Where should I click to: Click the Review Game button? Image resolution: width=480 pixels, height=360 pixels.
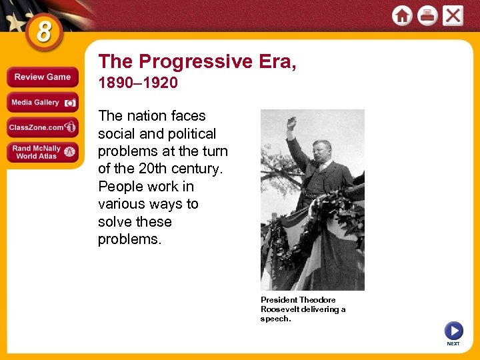(43, 77)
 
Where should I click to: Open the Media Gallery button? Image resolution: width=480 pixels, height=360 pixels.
(43, 102)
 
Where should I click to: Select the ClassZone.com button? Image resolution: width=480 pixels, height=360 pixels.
(43, 127)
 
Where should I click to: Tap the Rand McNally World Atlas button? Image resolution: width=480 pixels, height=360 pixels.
(43, 152)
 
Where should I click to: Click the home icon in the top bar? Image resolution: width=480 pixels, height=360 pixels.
(402, 15)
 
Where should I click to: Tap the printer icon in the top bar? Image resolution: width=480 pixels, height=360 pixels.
(427, 15)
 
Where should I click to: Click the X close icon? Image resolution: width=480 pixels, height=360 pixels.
(453, 15)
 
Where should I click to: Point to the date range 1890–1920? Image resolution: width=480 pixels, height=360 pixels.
(138, 83)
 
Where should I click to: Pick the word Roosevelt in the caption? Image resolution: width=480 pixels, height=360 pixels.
(282, 309)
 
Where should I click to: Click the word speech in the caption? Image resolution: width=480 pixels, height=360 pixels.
(275, 319)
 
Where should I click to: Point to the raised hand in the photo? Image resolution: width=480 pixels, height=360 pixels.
(291, 124)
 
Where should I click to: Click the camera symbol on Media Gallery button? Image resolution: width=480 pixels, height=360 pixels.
(69, 103)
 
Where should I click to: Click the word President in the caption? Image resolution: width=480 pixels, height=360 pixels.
(279, 300)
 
